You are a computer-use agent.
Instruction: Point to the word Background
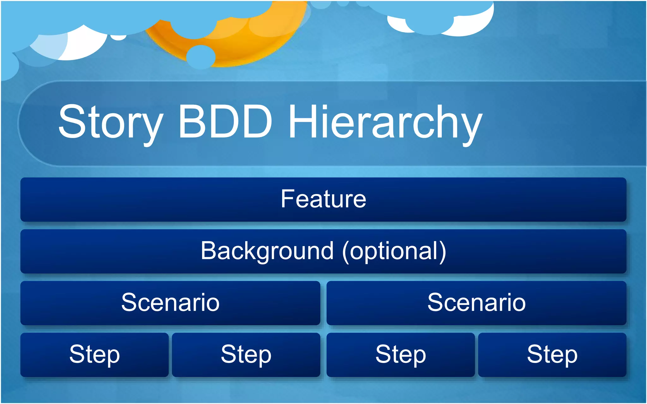tap(267, 251)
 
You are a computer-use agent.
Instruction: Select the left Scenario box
tap(170, 303)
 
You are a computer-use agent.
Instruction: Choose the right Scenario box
tap(476, 303)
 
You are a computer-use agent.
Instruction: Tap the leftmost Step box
tap(94, 355)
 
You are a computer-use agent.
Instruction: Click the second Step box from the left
tap(246, 355)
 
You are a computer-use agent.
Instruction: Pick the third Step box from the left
tap(401, 355)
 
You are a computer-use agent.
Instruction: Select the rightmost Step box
tap(552, 355)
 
